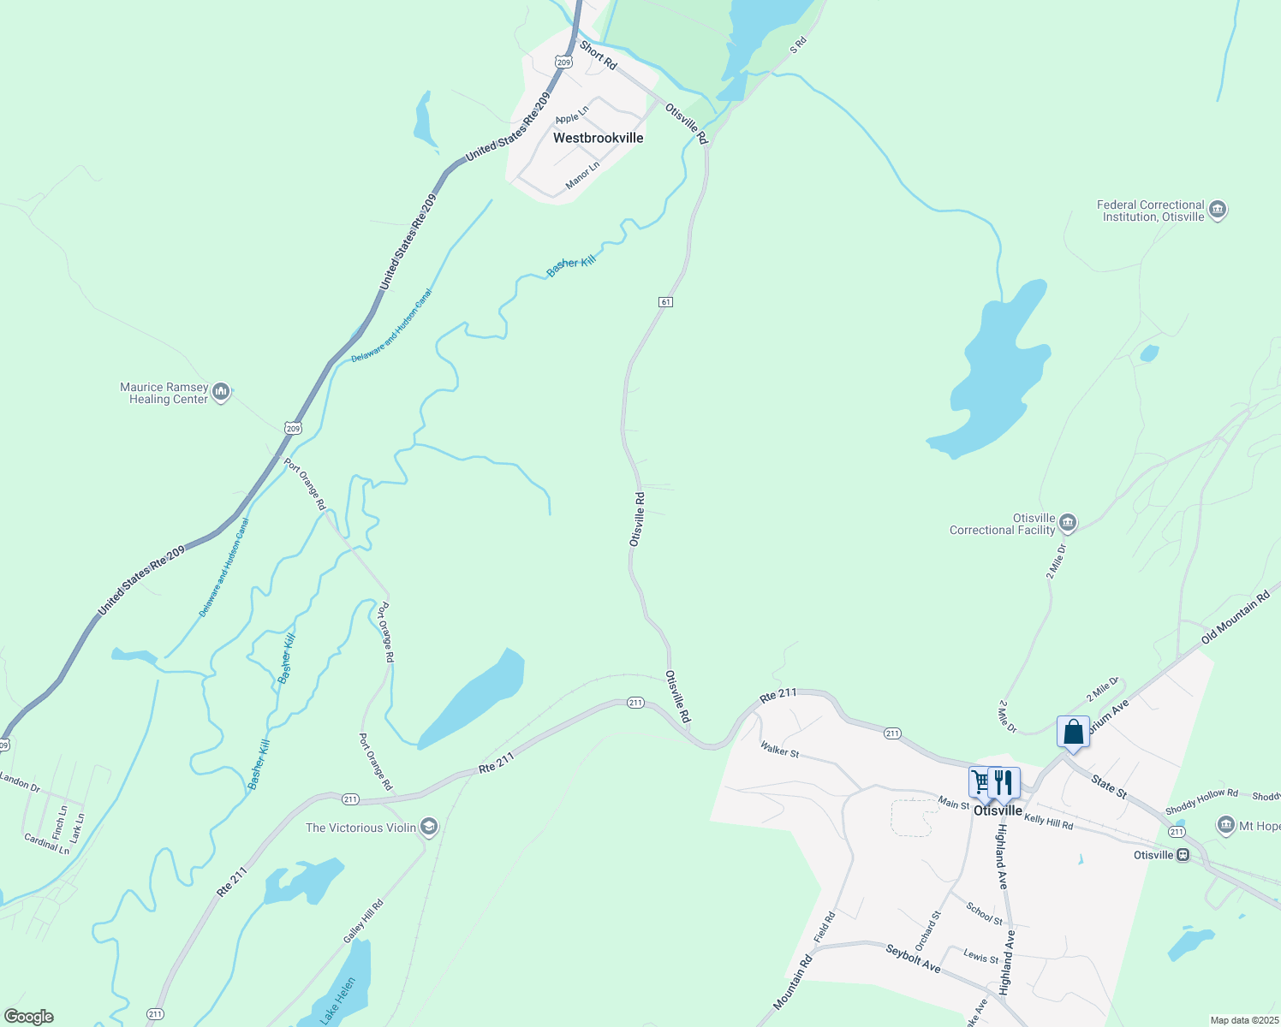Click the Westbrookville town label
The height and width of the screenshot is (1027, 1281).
tap(598, 138)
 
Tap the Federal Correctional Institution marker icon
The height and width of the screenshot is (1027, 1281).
tap(1218, 211)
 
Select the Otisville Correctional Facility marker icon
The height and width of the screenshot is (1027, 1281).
tap(1067, 523)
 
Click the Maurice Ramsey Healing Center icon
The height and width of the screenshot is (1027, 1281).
tap(221, 393)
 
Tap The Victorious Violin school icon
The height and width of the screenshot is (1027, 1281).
tap(429, 827)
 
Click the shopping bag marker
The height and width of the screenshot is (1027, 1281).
tap(1073, 733)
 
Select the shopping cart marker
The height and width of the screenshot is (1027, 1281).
tap(981, 781)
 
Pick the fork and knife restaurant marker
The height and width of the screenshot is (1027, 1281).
tap(1004, 782)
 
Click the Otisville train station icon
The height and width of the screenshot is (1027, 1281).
tap(1183, 855)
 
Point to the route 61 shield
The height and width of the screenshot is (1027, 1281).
tap(665, 302)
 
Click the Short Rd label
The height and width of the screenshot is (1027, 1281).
tap(598, 55)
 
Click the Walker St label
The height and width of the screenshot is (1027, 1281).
tap(779, 750)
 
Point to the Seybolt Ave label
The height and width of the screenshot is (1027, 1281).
tap(913, 959)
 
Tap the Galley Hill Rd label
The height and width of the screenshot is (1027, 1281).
tap(363, 922)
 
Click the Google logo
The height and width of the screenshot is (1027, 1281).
tap(29, 1017)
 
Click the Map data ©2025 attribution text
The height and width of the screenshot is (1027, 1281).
tap(1242, 1020)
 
